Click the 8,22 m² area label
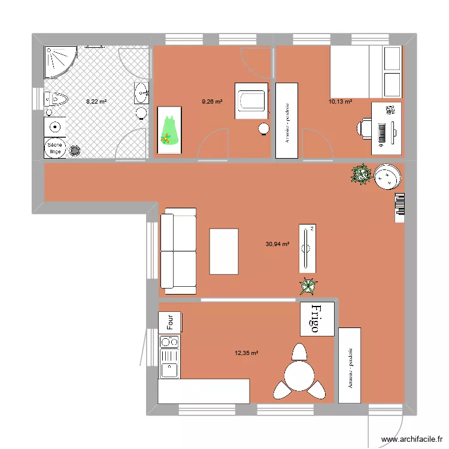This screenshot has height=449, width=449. point(96,102)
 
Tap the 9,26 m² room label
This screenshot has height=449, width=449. point(212,102)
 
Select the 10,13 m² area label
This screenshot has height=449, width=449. point(340,102)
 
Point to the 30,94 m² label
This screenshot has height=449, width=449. point(277,244)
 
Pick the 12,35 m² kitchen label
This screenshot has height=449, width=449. point(246,353)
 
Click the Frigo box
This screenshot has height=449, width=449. point(317,318)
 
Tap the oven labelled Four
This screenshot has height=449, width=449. point(169,322)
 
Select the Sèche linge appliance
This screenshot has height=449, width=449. point(55,148)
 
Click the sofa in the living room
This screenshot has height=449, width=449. point(178,251)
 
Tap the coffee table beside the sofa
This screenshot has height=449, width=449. point(224,251)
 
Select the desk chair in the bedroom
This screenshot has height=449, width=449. point(365,128)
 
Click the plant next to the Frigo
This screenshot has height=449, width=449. point(308,287)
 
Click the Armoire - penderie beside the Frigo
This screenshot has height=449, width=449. point(350,365)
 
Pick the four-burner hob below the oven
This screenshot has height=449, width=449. point(169,342)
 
